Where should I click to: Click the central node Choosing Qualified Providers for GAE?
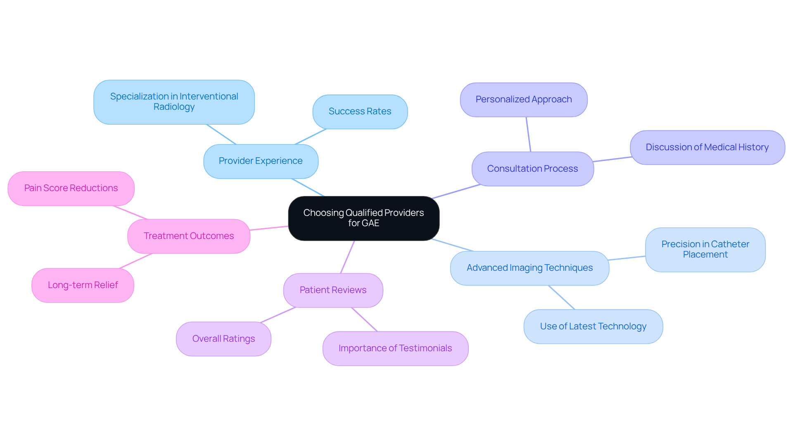363,218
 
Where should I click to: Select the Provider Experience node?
261,161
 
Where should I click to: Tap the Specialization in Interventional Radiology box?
174,102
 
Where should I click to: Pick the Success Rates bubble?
360,111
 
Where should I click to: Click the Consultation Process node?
532,168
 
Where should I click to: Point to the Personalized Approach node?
523,99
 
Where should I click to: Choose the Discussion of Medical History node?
707,147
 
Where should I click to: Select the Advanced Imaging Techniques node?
529,268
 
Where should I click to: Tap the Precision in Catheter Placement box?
705,249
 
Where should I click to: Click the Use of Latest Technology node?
593,326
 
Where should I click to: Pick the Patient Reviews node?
333,290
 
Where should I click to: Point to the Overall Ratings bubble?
223,339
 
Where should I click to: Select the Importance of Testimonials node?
395,348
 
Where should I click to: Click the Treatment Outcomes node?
189,236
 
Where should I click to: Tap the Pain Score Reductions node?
71,188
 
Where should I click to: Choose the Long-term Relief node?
83,285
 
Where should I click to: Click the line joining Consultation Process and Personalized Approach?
528,135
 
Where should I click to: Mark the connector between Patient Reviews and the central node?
347,257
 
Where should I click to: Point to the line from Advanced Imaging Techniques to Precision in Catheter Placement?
627,258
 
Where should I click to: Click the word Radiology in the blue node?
174,107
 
